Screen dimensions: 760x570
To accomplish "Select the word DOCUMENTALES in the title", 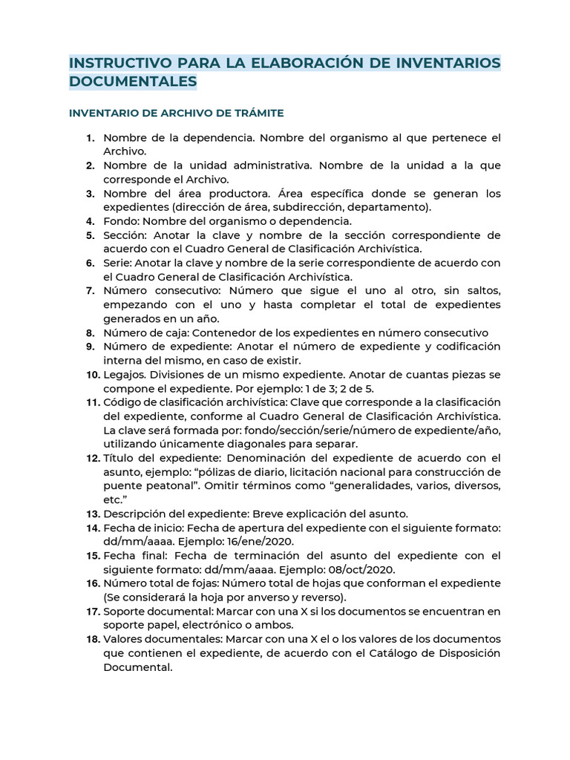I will coord(133,82).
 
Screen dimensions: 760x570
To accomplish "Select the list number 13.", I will coord(92,514).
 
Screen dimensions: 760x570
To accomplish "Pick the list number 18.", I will coord(92,639).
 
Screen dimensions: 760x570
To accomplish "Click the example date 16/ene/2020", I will coord(263,542).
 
